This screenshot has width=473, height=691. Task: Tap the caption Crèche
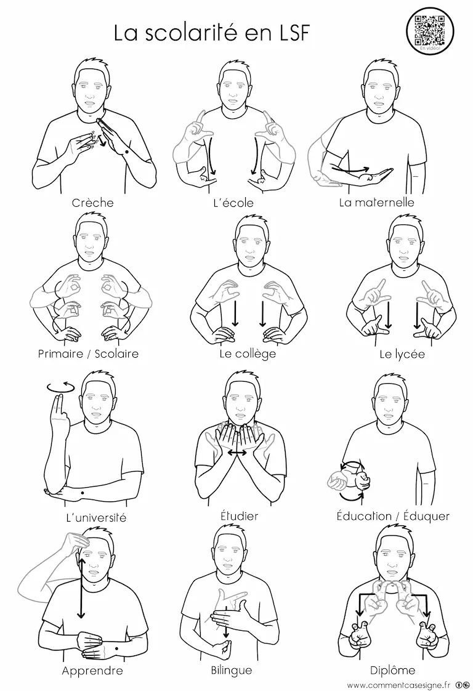tap(92, 203)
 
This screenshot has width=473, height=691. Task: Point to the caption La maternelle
tap(376, 202)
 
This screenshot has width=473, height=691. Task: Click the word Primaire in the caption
tap(60, 354)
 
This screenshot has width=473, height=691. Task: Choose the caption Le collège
tap(248, 354)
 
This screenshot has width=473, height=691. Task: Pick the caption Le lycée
tap(402, 354)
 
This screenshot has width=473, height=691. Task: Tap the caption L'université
tap(96, 517)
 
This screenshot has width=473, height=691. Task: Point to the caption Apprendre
tap(92, 671)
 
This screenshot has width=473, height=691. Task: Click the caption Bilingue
tap(232, 670)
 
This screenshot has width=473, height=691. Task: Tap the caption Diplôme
tap(392, 670)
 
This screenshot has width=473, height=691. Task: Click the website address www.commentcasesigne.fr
tap(398, 685)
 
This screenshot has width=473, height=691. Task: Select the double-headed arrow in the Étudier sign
tap(237, 453)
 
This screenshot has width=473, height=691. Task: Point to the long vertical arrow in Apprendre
tap(81, 588)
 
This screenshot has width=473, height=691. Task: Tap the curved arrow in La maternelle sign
tap(350, 169)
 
